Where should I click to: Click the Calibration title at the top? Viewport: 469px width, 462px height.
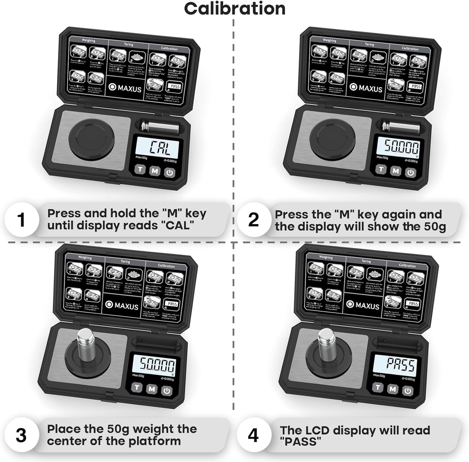click(235, 9)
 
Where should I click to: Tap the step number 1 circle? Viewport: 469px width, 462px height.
click(21, 220)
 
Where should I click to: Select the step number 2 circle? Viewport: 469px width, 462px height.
click(253, 220)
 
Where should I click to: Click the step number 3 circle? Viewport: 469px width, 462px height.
click(21, 435)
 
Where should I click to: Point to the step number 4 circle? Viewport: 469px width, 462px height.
click(253, 435)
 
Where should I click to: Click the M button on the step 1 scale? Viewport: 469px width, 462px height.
click(155, 171)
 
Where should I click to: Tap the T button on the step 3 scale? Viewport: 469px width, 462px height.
click(137, 387)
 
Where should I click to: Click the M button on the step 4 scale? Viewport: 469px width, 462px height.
click(392, 389)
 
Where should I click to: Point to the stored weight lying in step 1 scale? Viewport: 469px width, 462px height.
click(161, 127)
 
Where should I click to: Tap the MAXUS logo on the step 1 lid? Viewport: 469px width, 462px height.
click(125, 88)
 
